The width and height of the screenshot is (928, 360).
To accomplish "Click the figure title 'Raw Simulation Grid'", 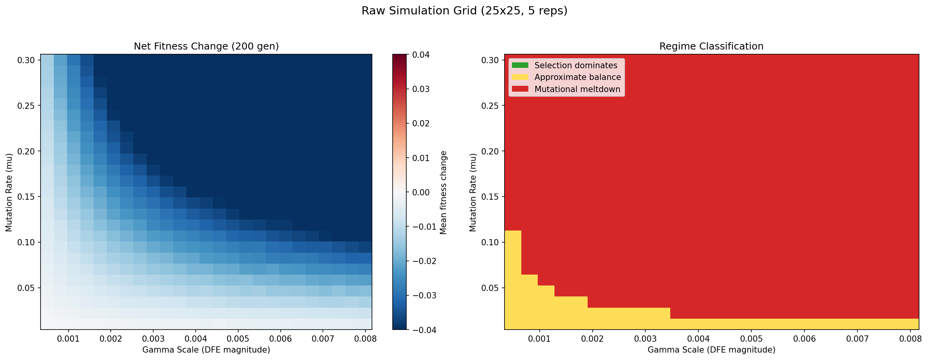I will (x=464, y=11).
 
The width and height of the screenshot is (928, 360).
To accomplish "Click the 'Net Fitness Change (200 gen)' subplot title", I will (x=206, y=46).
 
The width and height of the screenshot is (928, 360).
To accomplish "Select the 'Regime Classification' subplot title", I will (x=711, y=46).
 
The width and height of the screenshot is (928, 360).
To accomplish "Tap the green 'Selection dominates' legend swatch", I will (x=520, y=65).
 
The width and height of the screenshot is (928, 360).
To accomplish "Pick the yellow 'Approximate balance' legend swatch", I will (x=520, y=77).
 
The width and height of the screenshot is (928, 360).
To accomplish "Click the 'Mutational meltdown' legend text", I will (x=577, y=89).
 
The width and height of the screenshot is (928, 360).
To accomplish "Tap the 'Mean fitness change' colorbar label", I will (x=443, y=192).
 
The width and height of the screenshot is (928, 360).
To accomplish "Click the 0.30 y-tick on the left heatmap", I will (x=27, y=60).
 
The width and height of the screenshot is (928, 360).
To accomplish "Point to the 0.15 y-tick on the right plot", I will (x=491, y=197).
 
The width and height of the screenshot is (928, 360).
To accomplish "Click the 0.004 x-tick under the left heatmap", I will (x=195, y=339).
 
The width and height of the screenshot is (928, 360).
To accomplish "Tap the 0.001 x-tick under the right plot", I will (x=539, y=339).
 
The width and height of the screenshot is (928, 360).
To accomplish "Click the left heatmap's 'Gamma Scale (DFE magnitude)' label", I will (x=206, y=350).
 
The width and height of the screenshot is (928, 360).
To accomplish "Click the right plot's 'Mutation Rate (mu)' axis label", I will (x=473, y=192).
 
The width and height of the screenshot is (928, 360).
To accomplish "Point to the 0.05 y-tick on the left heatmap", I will (x=27, y=288).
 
